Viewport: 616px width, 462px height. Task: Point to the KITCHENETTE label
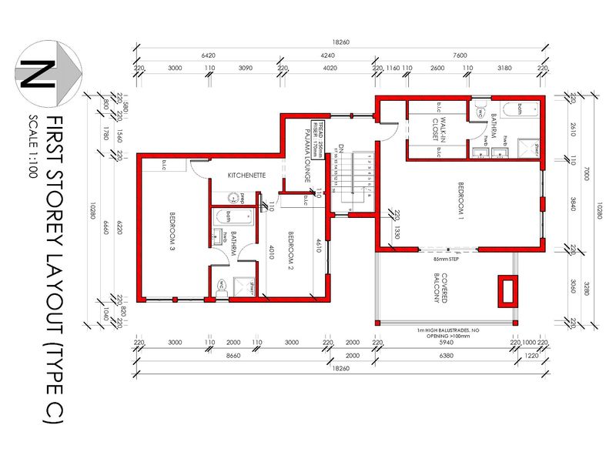coord(246,176)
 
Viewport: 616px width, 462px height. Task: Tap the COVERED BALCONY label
coord(439,286)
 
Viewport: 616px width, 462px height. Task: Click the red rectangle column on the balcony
coord(506,291)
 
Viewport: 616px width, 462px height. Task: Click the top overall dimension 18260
coord(340,43)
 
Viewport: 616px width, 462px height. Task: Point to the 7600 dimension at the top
coord(460,55)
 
